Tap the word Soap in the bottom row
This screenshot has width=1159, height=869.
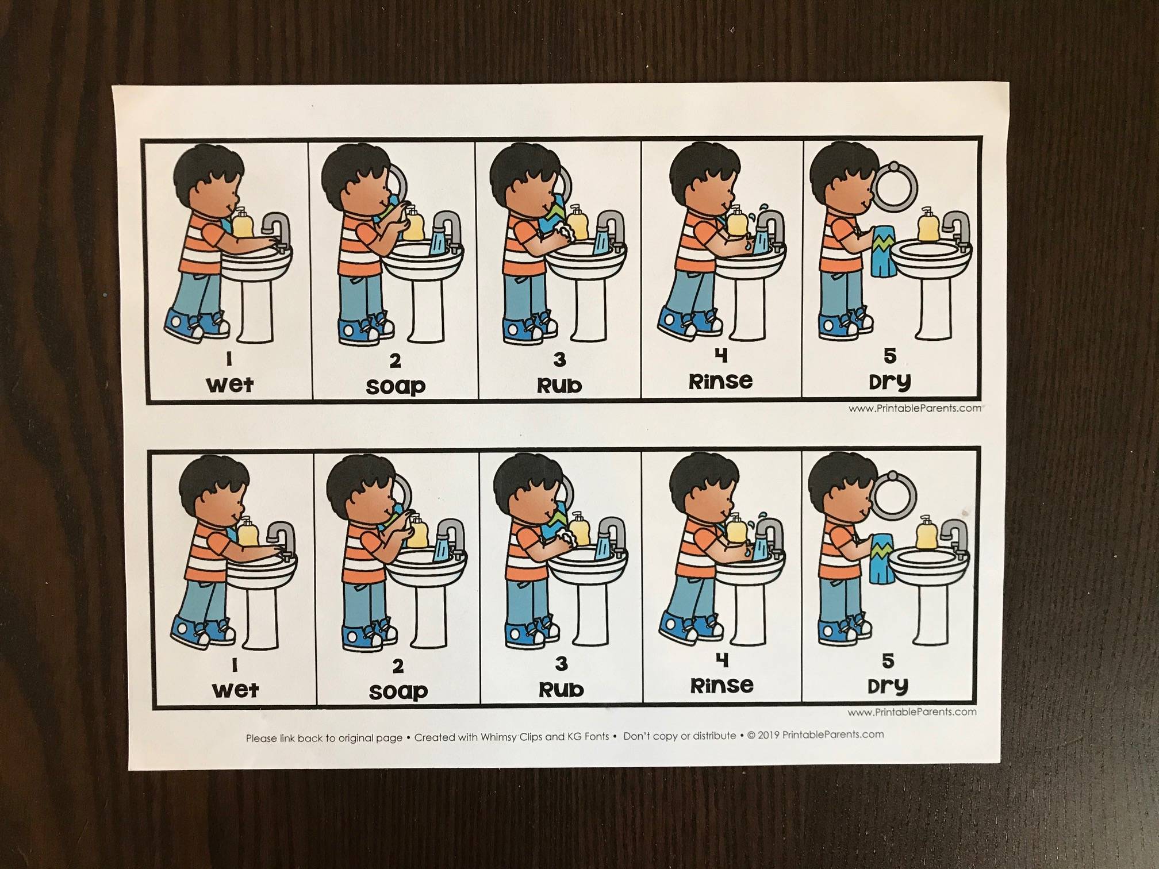tap(398, 690)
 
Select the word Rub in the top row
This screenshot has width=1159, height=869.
tap(559, 386)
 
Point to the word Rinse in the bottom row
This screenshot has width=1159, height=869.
tap(722, 685)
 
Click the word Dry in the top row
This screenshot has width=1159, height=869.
tap(889, 381)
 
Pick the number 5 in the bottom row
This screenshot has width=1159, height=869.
tap(888, 660)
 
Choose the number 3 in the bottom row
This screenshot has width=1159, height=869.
tap(561, 664)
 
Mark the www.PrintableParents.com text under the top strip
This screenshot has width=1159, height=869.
tap(915, 409)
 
